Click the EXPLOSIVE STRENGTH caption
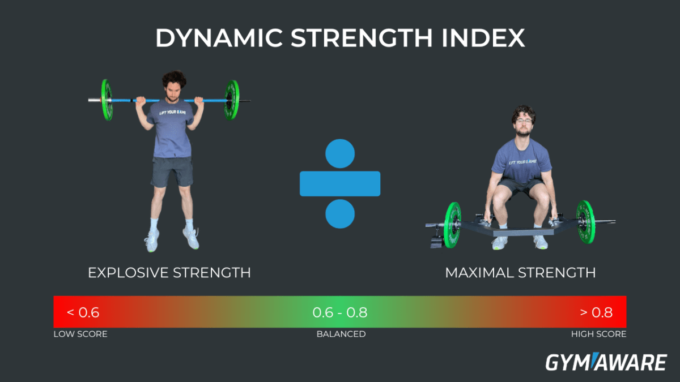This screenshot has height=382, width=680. [169, 273]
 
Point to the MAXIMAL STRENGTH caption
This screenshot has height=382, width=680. [520, 273]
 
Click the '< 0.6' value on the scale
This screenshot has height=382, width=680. [83, 312]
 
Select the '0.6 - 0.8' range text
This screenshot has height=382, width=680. [340, 312]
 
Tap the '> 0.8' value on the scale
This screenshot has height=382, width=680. [596, 312]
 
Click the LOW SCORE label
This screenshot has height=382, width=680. [80, 334]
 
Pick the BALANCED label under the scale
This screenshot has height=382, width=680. [341, 334]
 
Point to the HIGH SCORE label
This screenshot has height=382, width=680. [598, 334]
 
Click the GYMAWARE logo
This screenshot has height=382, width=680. [605, 362]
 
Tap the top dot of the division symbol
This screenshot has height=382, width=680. [340, 153]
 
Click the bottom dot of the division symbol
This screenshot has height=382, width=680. [340, 214]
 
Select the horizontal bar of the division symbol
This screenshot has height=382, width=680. [340, 183]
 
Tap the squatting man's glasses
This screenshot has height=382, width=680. [522, 120]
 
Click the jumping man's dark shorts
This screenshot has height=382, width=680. [172, 171]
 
